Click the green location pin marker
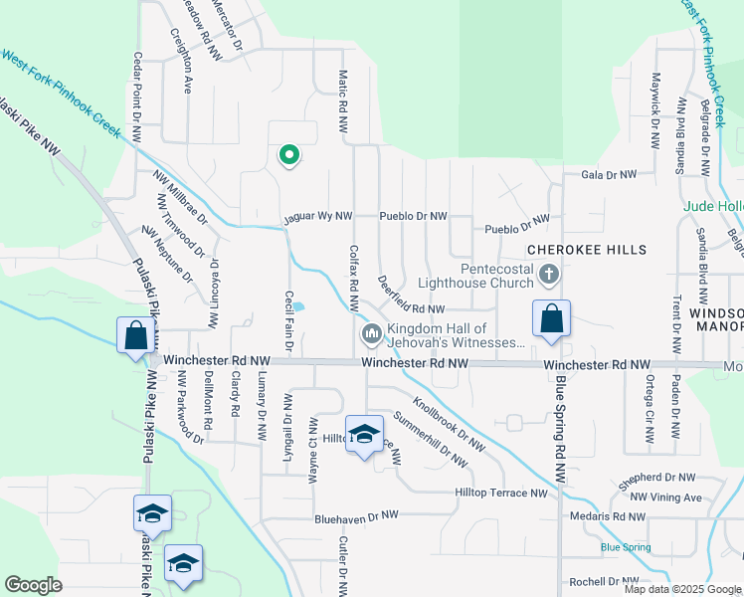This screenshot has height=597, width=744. pos(289,155)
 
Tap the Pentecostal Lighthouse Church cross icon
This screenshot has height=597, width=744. pos(548,273)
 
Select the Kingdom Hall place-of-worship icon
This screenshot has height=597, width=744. pos(372,333)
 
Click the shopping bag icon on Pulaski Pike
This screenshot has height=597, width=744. pos(134,335)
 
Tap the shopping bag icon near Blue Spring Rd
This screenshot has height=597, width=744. pos(551,319)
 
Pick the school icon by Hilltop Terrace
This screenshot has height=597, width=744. pos(365,434)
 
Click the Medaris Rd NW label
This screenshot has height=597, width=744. pos(609,516)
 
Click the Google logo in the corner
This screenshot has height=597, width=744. pos(34,585)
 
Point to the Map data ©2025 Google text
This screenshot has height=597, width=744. pos(681,589)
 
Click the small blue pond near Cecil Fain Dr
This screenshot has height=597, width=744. pos(298,306)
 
